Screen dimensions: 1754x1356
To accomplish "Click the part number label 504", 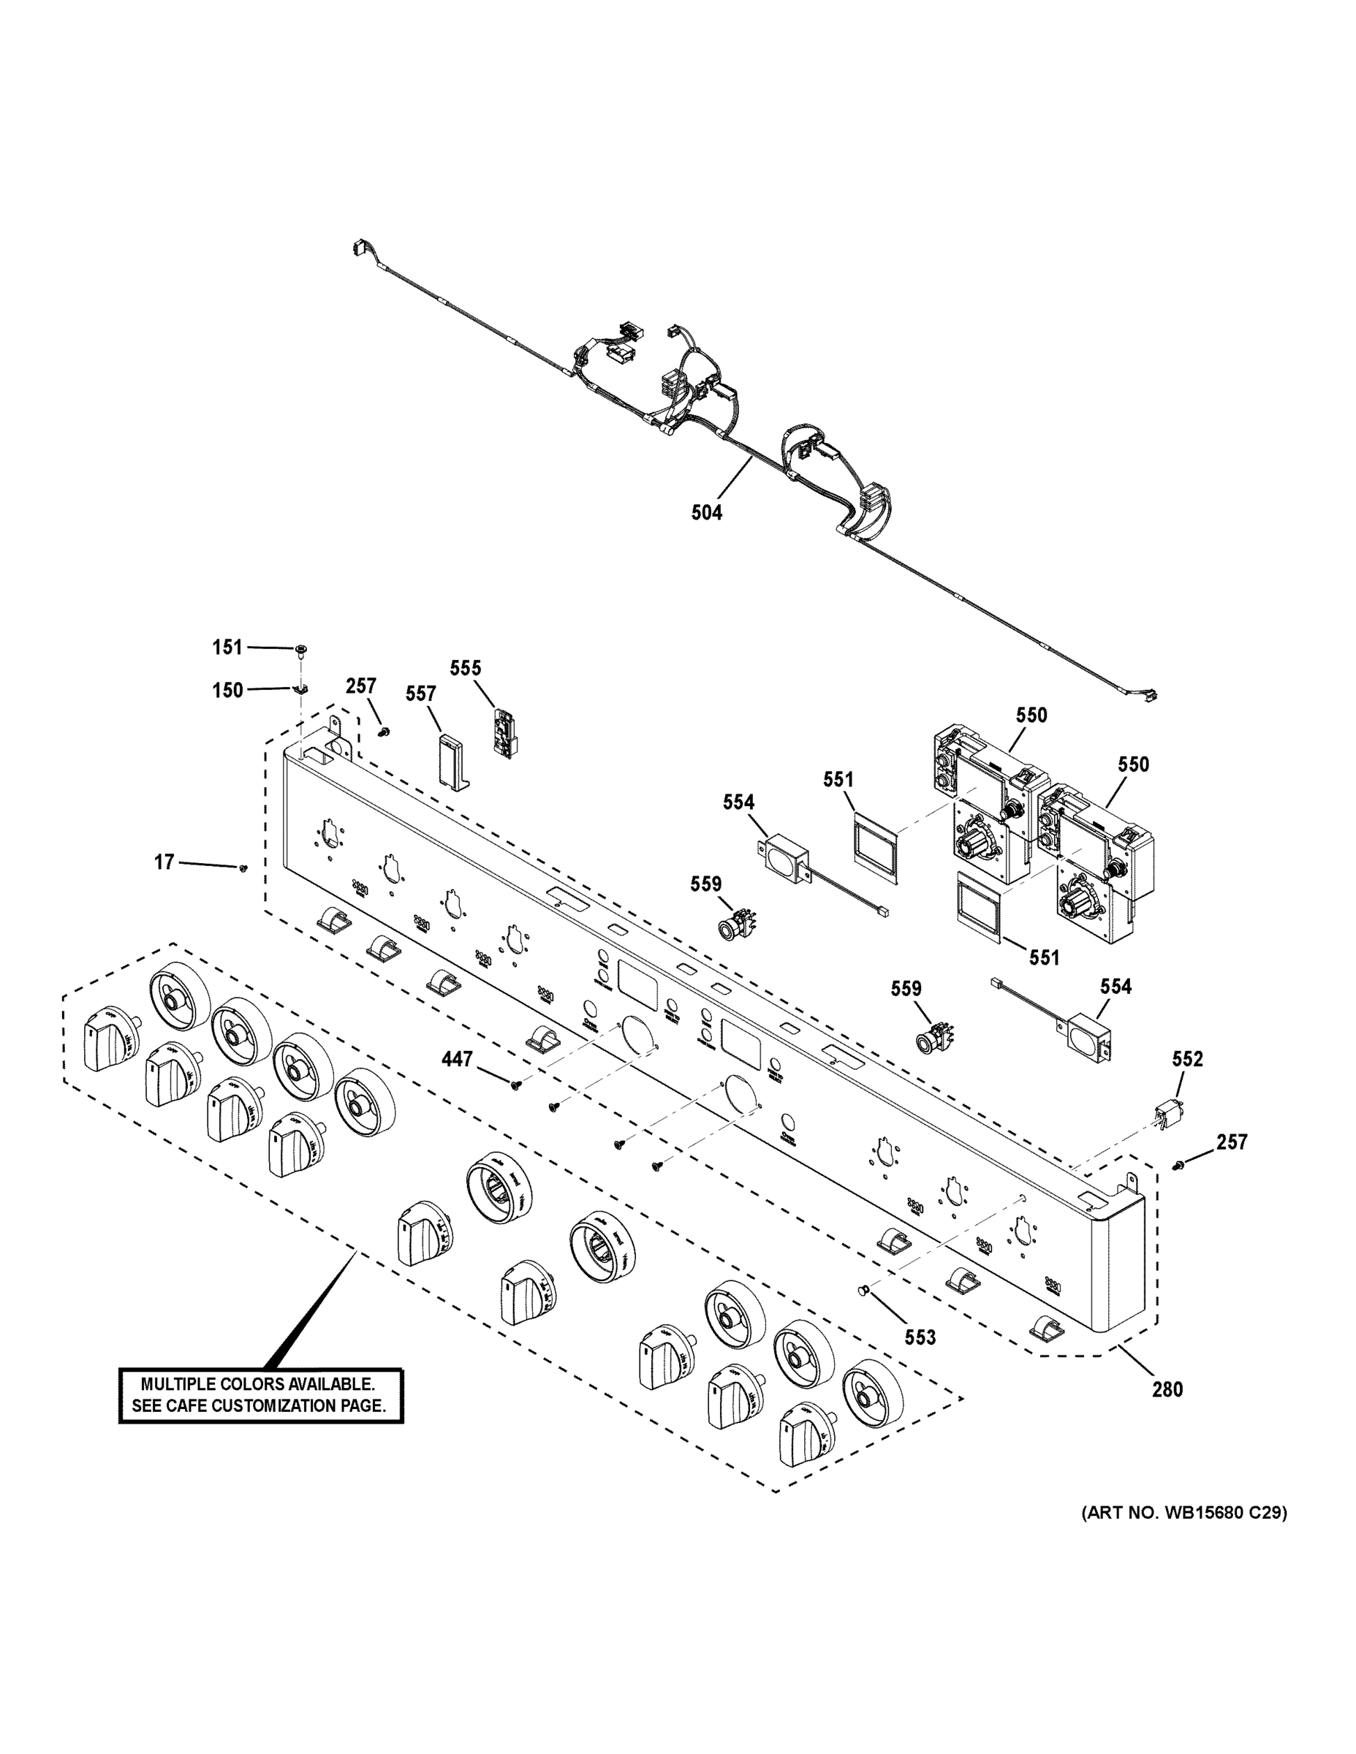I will [706, 512].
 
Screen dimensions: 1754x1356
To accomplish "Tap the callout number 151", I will [227, 647].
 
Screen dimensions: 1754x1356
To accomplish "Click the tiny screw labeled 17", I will [243, 867].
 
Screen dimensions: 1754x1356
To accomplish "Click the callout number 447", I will [456, 1059].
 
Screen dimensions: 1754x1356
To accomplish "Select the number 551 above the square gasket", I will [838, 779].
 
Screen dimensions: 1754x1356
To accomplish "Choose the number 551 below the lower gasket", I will [1044, 957].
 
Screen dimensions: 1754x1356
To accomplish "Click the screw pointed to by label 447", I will [515, 1087].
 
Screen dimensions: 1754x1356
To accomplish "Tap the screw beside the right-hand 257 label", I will [1178, 1164].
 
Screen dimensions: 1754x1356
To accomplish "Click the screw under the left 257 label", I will [385, 731].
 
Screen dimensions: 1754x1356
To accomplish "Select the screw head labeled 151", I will [301, 649].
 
